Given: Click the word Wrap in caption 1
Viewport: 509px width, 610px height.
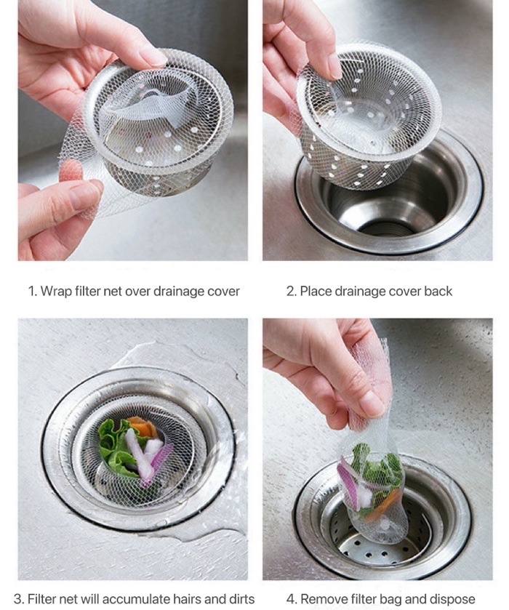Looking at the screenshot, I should coord(55,292).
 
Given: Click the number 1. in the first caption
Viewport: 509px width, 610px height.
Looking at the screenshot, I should coord(33,292).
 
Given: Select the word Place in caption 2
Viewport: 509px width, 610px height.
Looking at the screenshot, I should coord(317,292).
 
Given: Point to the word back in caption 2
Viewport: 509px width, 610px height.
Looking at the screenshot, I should coord(437,292).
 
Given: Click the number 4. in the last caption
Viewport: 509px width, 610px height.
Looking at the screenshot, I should coord(292,598).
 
